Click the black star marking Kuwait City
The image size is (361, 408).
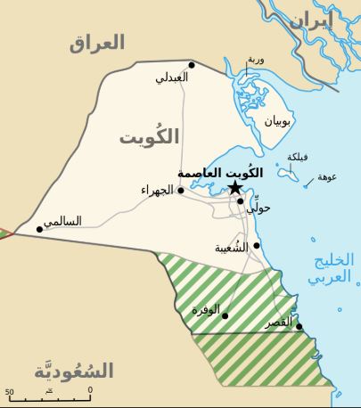tap(234, 187)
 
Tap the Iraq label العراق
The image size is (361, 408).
tap(97, 43)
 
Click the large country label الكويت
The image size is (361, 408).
tap(149, 136)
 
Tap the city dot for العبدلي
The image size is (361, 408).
tap(191, 64)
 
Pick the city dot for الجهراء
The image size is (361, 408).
tap(180, 190)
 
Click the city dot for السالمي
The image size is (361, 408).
tap(39, 229)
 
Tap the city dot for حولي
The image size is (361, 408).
tap(240, 200)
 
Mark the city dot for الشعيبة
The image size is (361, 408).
tap(257, 245)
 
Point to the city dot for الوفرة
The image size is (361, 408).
tap(225, 315)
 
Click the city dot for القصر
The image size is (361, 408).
tap(299, 326)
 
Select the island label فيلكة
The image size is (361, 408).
tap(298, 157)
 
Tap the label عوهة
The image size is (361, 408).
tap(327, 176)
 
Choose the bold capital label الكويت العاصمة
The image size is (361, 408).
tap(219, 172)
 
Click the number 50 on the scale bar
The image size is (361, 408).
tap(10, 391)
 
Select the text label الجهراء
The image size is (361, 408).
tap(157, 190)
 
